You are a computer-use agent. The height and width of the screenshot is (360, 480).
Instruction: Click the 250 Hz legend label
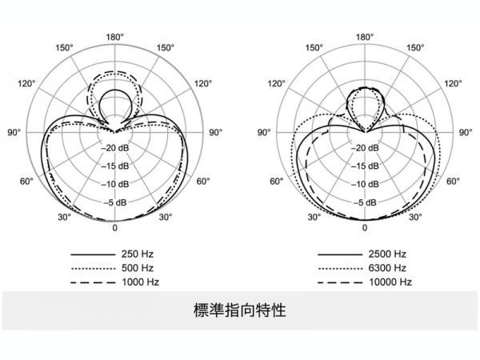138,254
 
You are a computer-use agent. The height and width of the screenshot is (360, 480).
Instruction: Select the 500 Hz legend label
138,268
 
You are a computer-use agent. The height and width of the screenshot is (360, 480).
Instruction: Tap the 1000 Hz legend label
141,282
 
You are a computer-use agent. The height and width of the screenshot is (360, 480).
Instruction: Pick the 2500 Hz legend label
387,254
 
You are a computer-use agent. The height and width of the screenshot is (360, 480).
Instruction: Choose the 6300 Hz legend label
387,268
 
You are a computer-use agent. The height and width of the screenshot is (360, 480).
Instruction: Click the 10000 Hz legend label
390,282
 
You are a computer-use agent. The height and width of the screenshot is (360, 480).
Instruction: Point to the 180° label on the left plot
114,38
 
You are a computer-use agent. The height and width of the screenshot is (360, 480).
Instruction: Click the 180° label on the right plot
365,38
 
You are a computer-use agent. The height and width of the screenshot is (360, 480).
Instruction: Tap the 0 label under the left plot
114,228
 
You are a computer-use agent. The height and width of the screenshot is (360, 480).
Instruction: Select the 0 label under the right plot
365,228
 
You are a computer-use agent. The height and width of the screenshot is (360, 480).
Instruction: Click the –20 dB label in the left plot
115,148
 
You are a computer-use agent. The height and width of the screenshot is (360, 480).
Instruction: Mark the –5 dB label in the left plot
115,202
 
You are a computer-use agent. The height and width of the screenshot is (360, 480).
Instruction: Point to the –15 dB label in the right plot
365,166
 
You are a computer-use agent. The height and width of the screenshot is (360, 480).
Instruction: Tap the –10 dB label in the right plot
365,184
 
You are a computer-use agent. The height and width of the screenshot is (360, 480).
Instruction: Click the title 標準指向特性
240,310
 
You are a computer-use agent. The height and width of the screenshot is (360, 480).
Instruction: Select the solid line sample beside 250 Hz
93,254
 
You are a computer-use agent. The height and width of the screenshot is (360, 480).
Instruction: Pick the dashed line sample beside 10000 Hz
340,282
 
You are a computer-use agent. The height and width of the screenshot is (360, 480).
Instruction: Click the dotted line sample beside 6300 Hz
340,269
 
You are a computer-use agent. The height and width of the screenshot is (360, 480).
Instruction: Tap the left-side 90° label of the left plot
14,133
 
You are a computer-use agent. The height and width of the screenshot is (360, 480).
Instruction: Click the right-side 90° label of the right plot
466,133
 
